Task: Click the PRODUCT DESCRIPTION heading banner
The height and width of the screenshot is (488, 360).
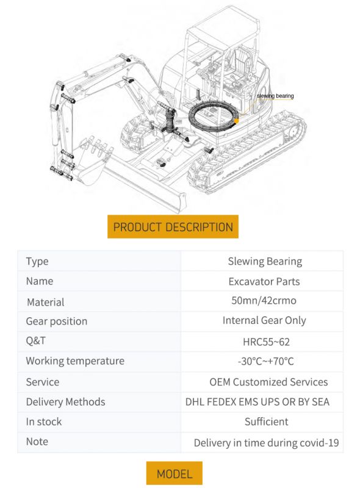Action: click(173, 226)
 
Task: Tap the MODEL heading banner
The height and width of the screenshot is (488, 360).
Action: click(175, 473)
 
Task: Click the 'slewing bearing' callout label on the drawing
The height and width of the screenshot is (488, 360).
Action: click(275, 96)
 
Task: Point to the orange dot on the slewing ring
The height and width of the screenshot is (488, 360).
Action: click(236, 121)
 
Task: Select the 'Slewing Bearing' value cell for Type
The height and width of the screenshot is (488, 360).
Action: click(265, 262)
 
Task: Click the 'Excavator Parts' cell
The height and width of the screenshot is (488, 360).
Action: click(264, 281)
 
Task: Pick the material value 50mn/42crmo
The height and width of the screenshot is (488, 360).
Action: click(264, 301)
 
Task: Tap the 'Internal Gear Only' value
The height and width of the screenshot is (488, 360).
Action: click(264, 321)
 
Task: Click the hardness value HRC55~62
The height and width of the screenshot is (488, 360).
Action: click(266, 342)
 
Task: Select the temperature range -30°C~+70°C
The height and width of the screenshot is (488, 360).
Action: click(265, 361)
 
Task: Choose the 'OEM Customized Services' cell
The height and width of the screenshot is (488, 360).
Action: click(268, 382)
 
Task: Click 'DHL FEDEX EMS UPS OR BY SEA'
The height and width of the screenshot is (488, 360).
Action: click(257, 402)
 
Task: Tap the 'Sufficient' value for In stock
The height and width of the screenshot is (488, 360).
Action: click(266, 422)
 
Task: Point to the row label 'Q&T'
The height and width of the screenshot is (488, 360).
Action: click(36, 340)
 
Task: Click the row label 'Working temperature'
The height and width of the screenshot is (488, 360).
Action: click(75, 361)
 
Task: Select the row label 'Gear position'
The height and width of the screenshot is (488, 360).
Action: click(56, 321)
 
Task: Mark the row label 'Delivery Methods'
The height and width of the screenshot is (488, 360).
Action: click(65, 402)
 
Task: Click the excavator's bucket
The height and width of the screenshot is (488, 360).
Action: click(92, 163)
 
